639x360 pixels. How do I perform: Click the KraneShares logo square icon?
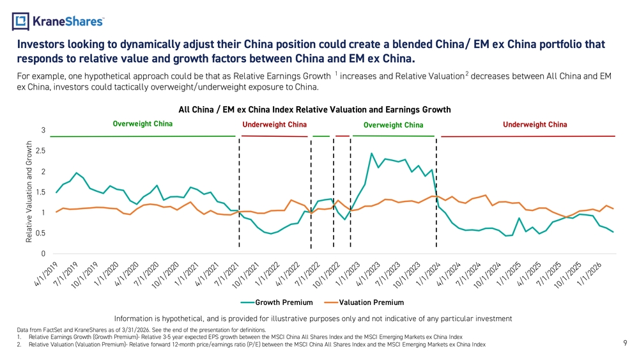(x=20, y=21)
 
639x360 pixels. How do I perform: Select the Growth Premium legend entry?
(x=277, y=302)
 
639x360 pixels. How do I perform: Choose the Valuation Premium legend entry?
(x=364, y=302)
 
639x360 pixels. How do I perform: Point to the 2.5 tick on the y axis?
(x=41, y=151)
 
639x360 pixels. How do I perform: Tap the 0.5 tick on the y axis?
(x=41, y=233)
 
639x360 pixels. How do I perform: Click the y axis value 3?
(x=43, y=130)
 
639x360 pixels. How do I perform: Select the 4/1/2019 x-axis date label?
(x=46, y=274)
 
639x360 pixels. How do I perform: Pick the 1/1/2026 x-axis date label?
(x=590, y=274)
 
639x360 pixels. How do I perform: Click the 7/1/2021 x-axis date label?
(x=227, y=274)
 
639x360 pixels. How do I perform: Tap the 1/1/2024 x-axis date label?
(x=429, y=274)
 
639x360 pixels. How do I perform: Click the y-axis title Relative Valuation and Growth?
(x=29, y=192)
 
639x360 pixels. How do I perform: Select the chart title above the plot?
(x=314, y=110)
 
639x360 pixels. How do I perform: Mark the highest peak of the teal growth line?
(x=371, y=153)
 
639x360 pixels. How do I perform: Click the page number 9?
(x=625, y=343)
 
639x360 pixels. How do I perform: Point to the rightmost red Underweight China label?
(x=535, y=125)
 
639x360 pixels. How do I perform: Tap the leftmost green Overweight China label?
(x=142, y=124)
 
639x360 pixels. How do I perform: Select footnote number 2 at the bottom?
(x=19, y=345)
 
